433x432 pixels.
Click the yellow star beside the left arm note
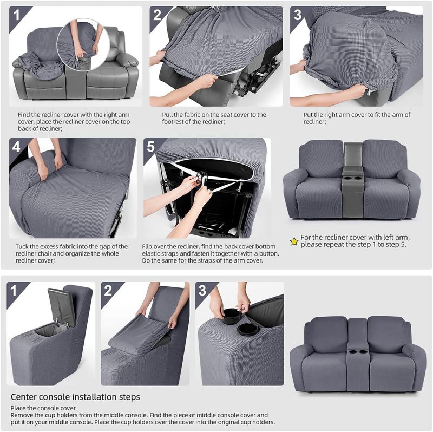(294, 241)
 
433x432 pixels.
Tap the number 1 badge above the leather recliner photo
(17, 15)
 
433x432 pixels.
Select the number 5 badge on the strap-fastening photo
(151, 147)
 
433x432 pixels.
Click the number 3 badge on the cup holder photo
(202, 291)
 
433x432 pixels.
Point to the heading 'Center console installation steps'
(75, 397)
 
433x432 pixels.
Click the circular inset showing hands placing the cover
(82, 45)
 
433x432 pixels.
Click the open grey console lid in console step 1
(61, 306)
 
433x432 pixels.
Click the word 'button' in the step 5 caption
(268, 253)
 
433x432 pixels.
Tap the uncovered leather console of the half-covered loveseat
(352, 180)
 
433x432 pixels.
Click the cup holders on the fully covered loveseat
(357, 352)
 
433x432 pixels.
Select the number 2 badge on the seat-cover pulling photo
(157, 15)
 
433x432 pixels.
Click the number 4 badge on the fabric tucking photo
(16, 147)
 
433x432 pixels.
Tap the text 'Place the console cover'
(43, 408)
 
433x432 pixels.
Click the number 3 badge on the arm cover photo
(297, 15)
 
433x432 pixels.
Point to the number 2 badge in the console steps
(108, 291)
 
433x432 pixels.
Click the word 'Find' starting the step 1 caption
(23, 115)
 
